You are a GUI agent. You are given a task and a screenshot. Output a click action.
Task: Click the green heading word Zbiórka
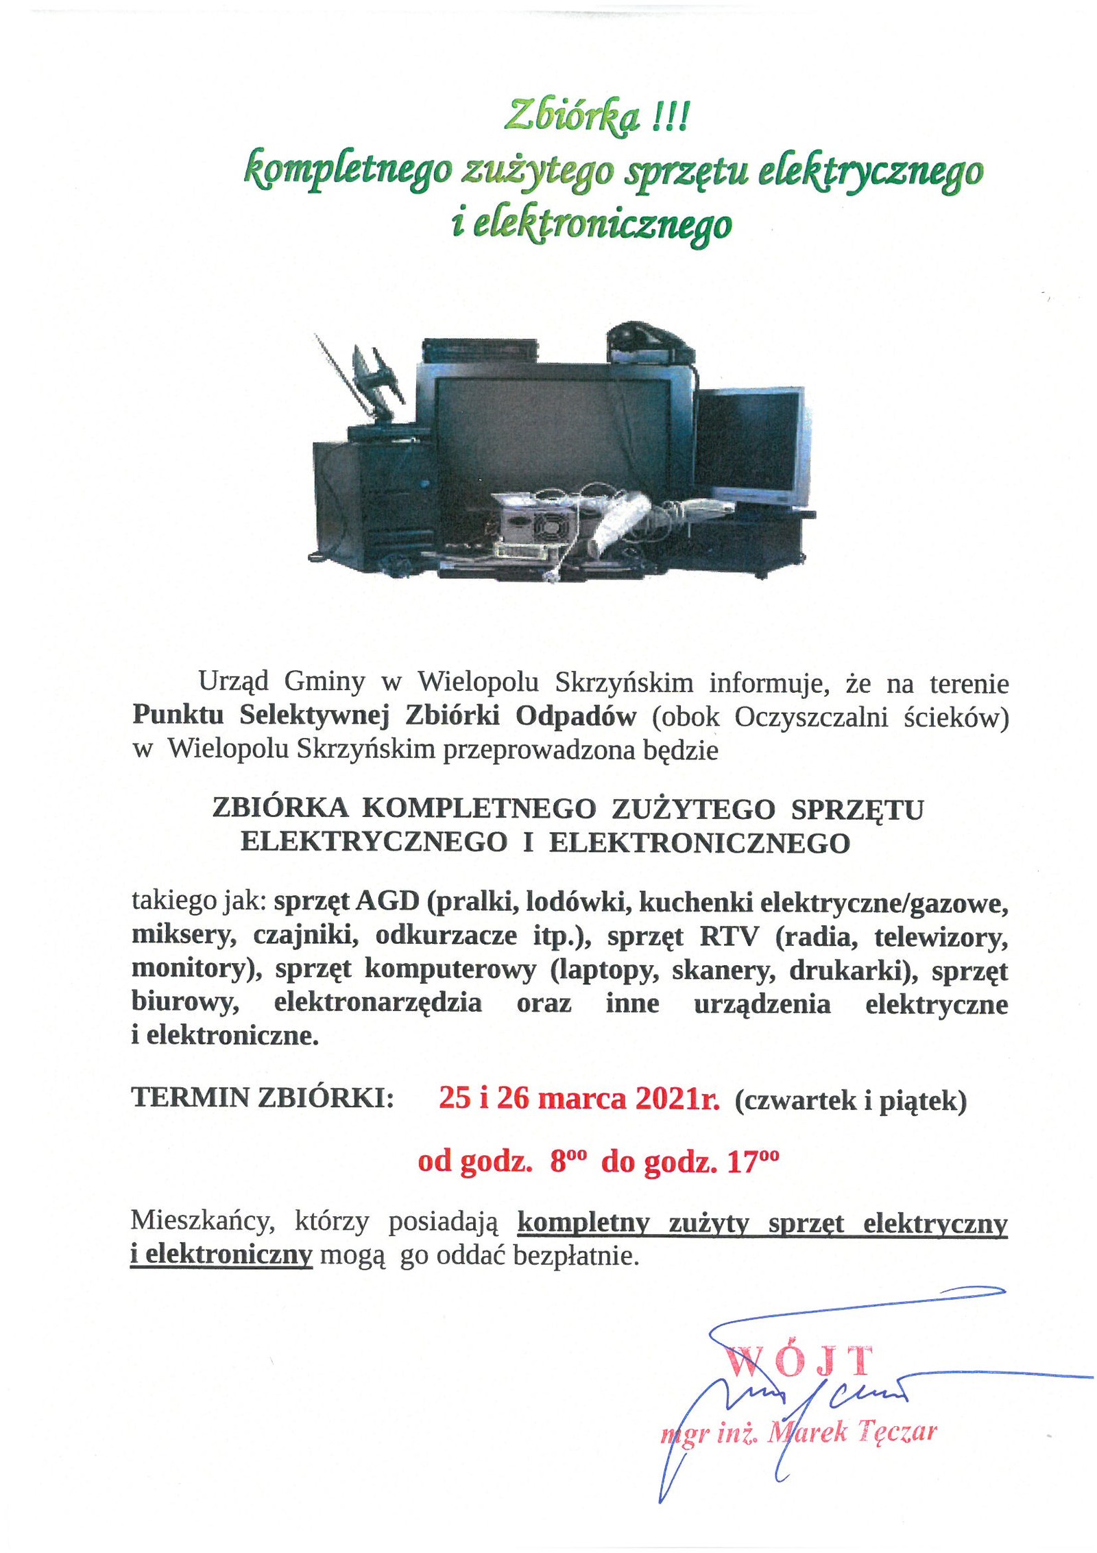coord(571,117)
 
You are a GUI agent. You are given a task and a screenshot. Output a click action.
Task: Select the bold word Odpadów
coord(576,715)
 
